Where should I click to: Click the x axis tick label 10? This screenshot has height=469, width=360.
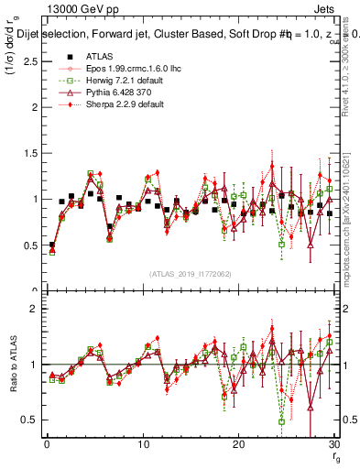143,444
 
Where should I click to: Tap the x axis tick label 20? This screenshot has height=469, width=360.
238,444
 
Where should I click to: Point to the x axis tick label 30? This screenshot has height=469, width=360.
334,444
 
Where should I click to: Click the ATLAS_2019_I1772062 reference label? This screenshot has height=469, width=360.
191,273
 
